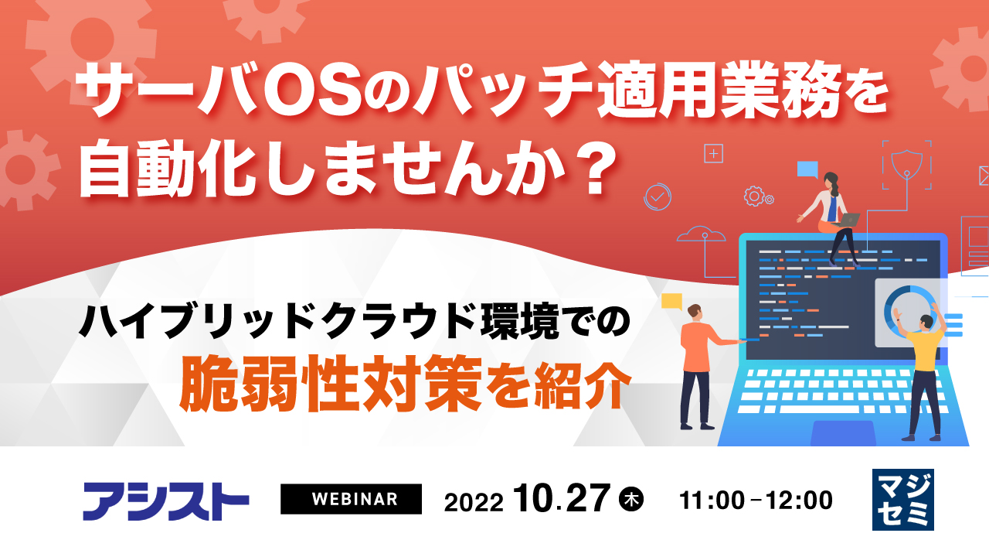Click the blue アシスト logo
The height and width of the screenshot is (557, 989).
[x=165, y=501]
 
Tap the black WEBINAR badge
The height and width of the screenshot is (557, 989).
[x=351, y=499]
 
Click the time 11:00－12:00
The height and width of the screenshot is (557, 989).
[x=756, y=500]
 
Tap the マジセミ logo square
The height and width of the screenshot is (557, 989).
[x=902, y=500]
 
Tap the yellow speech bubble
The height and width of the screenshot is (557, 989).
[x=672, y=300]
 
